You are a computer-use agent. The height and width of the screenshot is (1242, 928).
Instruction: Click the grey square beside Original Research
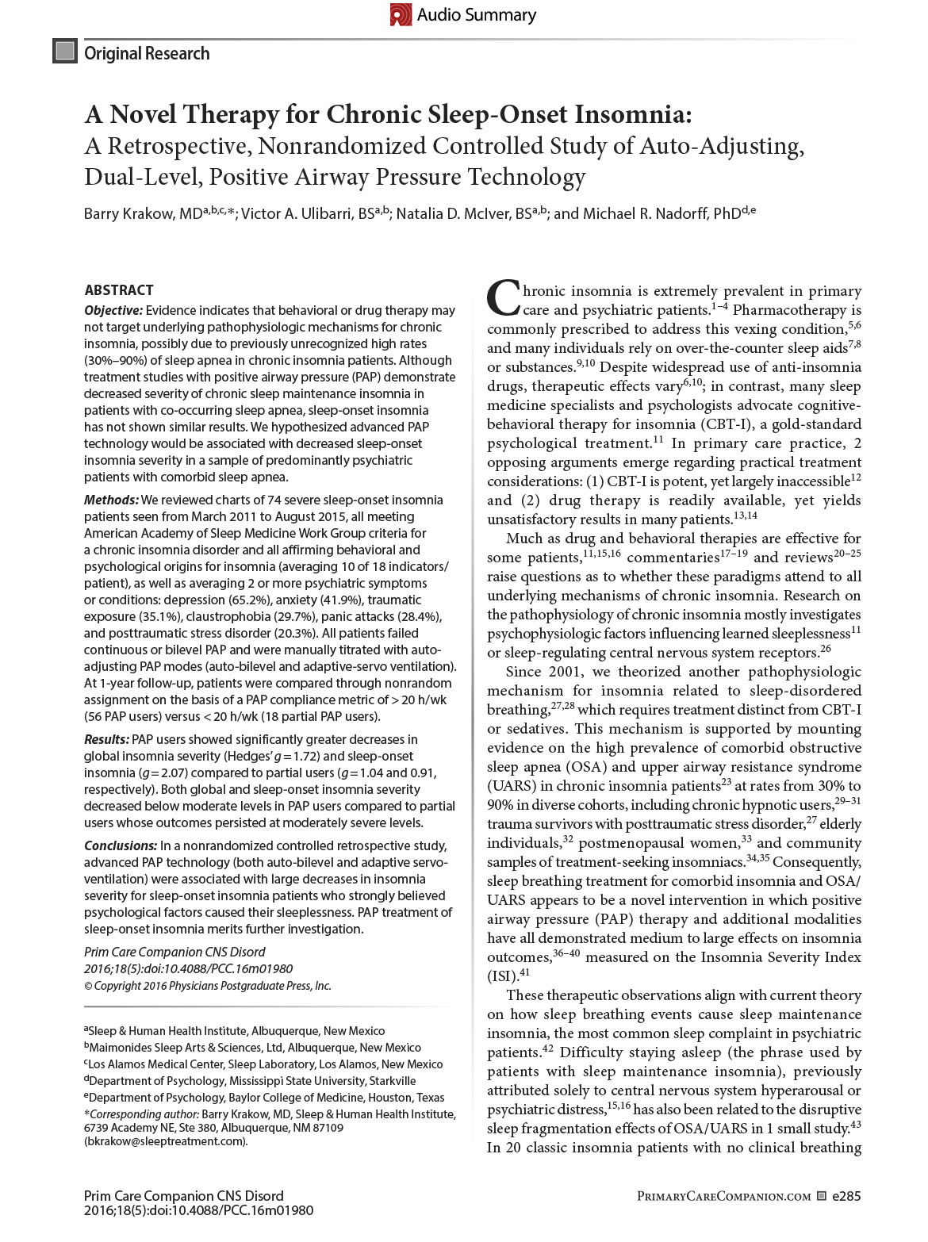coord(64,52)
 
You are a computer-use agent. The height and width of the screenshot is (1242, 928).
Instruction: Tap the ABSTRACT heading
coord(119,290)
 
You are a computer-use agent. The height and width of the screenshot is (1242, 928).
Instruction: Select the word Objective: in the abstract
coord(114,310)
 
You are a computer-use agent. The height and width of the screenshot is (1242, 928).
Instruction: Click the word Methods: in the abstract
coord(111,500)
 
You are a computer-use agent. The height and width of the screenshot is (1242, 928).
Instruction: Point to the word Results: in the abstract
coord(106,739)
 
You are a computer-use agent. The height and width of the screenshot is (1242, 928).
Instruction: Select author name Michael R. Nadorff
coord(647,213)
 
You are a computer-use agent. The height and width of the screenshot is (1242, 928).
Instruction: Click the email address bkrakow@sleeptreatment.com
coord(166,1141)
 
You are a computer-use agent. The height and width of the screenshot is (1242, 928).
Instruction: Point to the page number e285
coord(846,1196)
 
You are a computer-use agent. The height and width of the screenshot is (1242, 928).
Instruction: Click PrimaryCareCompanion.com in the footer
coord(723,1196)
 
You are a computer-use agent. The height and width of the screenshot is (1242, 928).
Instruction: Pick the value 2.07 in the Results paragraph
coord(203,772)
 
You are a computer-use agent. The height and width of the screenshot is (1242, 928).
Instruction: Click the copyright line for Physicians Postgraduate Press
coord(207,986)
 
